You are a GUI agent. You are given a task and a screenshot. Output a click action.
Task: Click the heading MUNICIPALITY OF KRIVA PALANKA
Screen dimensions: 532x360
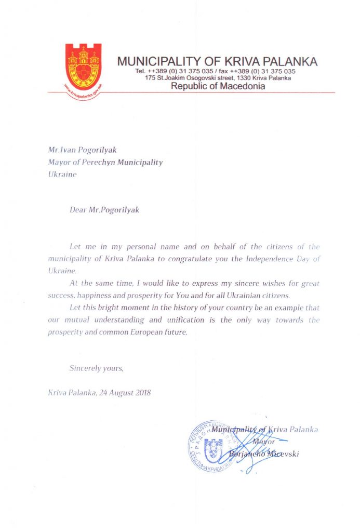[x=217, y=61]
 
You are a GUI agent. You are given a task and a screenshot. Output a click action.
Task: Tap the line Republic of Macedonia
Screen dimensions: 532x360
[x=218, y=86]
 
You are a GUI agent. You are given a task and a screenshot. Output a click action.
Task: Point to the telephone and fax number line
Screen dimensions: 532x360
[x=215, y=71]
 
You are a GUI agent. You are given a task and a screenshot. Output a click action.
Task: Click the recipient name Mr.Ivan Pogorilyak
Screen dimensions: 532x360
[x=82, y=150]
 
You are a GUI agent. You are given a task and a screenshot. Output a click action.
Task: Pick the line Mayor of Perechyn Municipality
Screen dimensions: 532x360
[x=105, y=162]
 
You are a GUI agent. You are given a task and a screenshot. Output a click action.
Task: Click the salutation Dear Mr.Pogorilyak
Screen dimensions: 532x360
[x=104, y=210]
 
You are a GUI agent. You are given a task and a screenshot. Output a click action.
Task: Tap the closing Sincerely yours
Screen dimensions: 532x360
[x=97, y=368]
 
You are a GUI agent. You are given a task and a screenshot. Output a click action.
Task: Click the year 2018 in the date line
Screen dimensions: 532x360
[x=141, y=393]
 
